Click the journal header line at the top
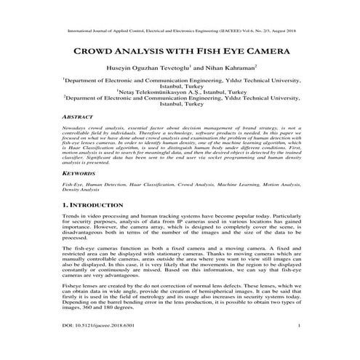pos(180,32)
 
